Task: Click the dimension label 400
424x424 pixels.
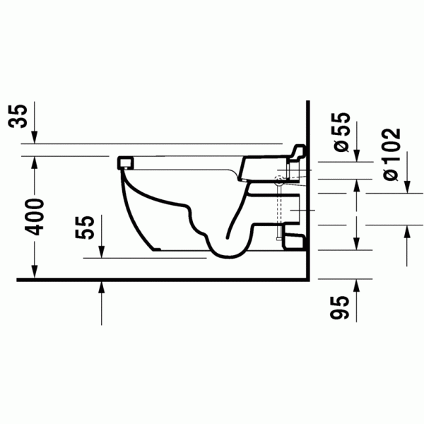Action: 35,217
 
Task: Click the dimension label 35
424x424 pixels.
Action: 18,116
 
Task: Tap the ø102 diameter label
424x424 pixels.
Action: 391,154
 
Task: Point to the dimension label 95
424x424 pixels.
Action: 340,307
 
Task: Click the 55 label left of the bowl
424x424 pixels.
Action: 85,227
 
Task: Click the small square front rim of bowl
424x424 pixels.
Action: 125,163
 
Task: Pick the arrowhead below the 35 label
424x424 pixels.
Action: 35,137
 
